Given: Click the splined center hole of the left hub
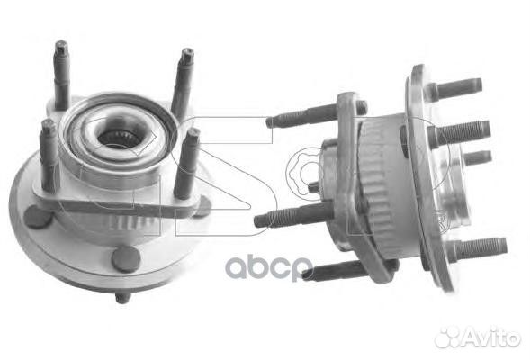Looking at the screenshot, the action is tap(118, 136).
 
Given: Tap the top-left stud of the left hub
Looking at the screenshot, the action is tap(61, 75).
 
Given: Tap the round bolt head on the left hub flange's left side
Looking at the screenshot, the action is tap(37, 216).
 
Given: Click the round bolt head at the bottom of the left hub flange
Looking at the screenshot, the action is tap(126, 259).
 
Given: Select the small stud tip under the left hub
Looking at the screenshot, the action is tap(123, 298).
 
